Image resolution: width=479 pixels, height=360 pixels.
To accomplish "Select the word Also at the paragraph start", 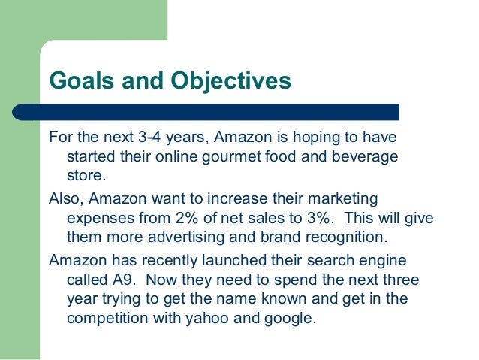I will (66, 199).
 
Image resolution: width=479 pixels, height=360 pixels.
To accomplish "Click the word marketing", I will (342, 199).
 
